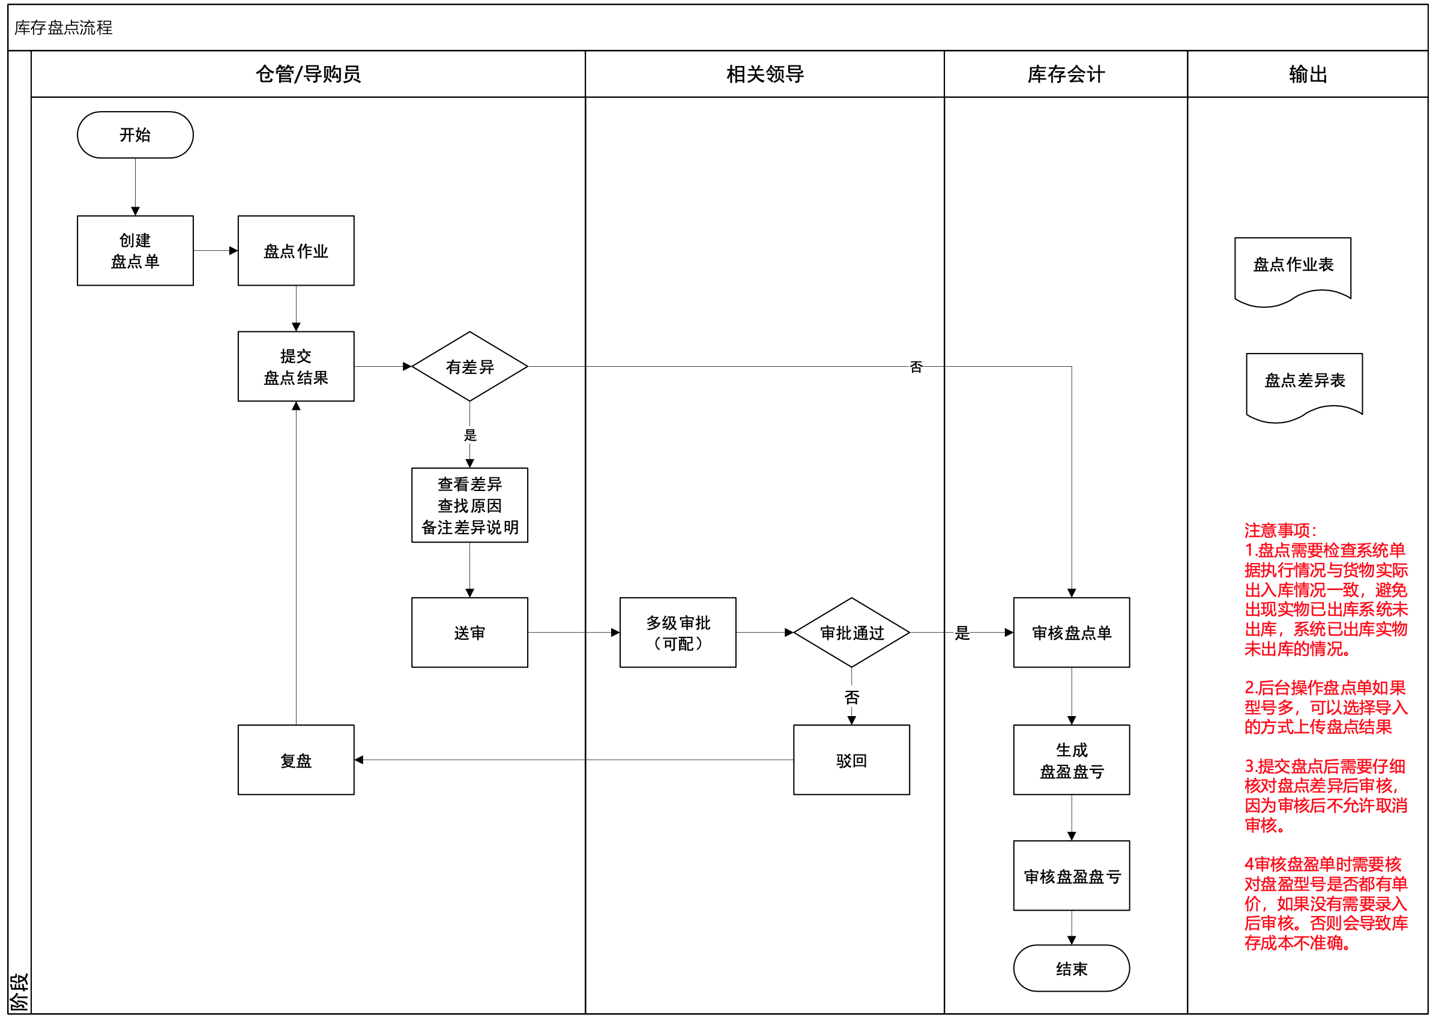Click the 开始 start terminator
click(136, 135)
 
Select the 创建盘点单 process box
click(136, 251)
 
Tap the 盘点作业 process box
click(296, 251)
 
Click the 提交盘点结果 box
click(296, 367)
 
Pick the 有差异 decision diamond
click(469, 367)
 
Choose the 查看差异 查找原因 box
click(469, 505)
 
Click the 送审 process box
click(469, 633)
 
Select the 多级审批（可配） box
click(678, 633)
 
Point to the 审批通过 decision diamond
click(851, 633)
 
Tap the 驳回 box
click(851, 760)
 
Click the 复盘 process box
click(296, 760)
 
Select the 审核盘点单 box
click(1071, 633)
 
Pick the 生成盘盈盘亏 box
click(1071, 760)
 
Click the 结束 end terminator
click(1071, 968)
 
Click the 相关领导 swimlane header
click(765, 74)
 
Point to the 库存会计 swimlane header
click(1066, 74)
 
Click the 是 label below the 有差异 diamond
click(470, 435)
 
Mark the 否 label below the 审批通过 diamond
click(851, 697)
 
